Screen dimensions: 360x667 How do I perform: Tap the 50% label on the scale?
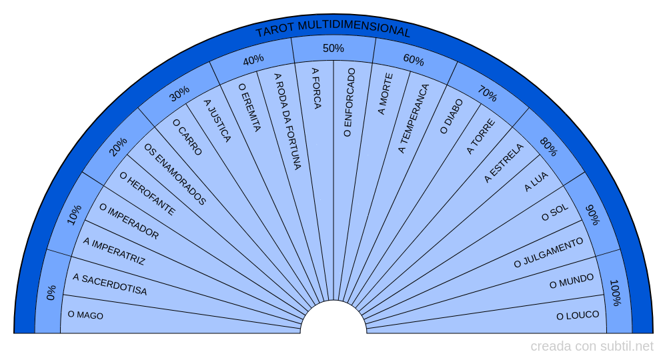point(333,48)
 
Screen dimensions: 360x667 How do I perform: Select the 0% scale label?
point(51,293)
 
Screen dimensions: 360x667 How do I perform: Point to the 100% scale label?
point(616,293)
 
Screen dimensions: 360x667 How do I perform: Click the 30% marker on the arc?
point(179,94)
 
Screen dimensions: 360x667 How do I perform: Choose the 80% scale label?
point(548,147)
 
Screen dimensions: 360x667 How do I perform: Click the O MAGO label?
point(85,315)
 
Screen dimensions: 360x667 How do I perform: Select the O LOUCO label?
point(578,315)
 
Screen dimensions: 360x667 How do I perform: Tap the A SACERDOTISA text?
point(109,285)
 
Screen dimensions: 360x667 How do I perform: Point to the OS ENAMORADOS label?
point(175,174)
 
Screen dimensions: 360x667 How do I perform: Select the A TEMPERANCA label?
point(414,118)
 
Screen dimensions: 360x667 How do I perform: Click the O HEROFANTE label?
point(147,194)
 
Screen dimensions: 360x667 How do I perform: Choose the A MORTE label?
point(386,94)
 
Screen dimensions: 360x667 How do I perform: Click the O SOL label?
point(554,213)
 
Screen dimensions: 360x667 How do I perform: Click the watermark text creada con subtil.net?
point(592,347)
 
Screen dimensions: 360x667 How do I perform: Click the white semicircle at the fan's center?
point(333,320)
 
